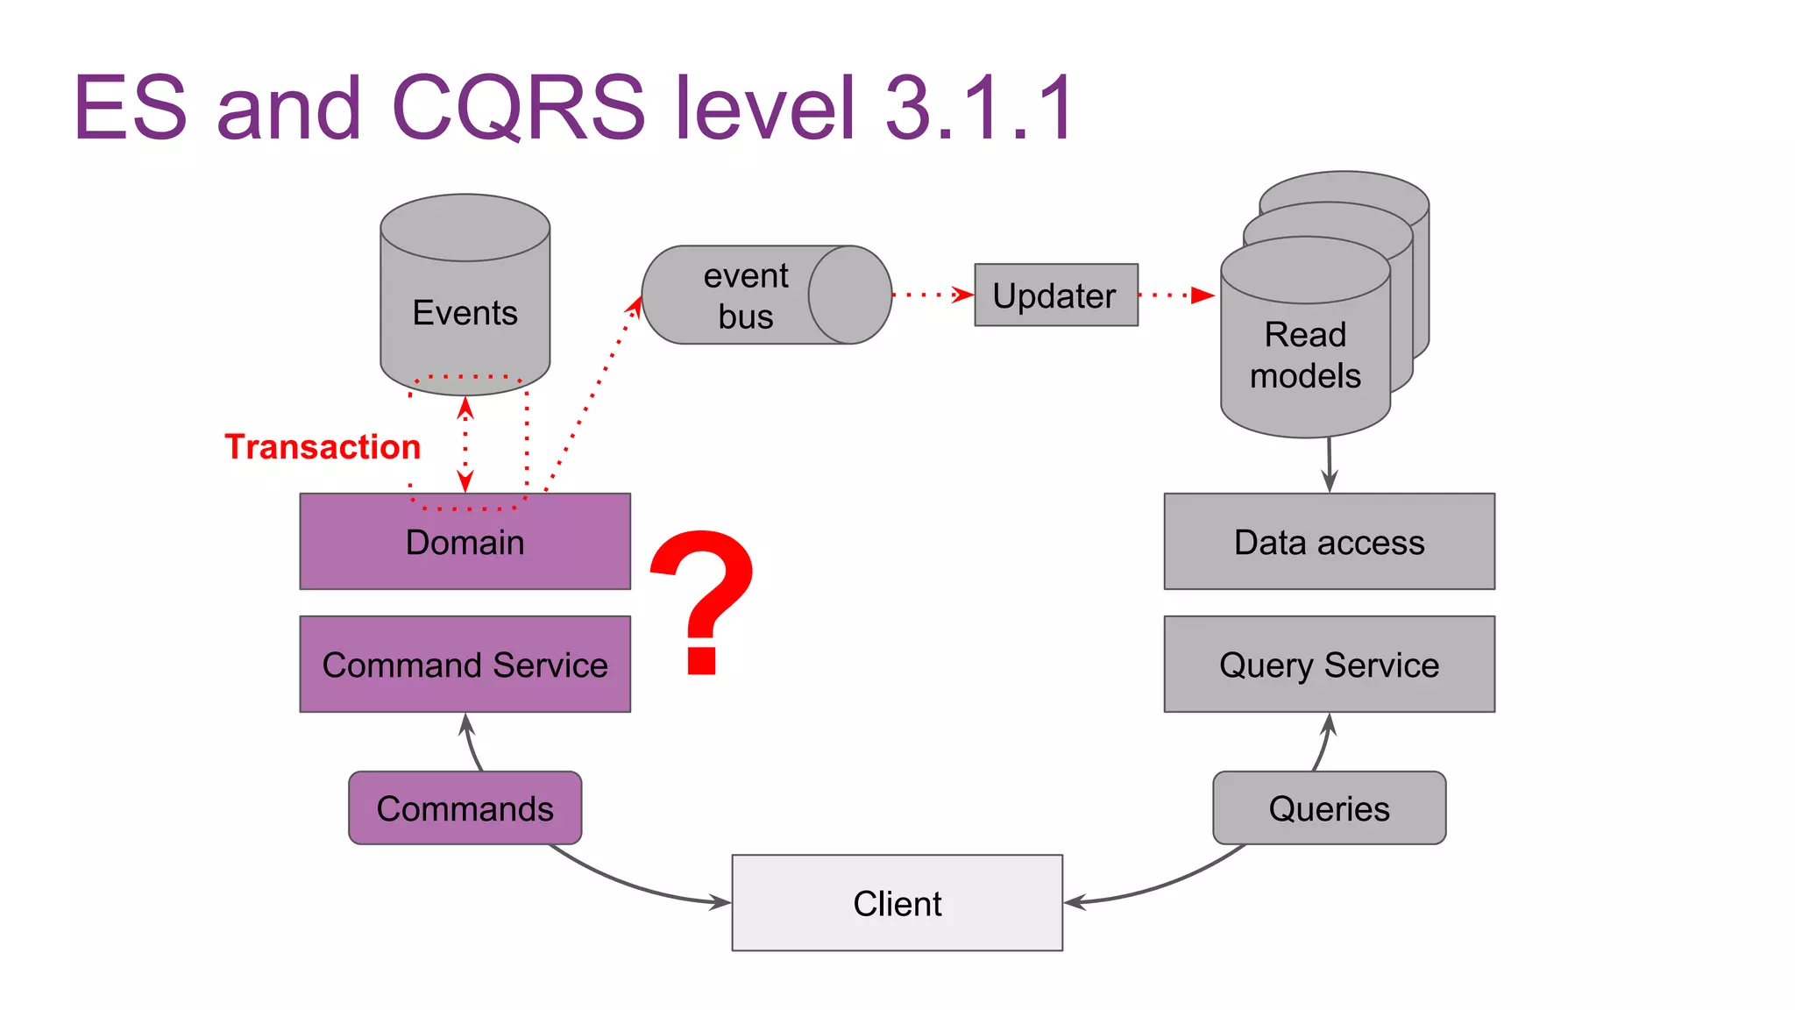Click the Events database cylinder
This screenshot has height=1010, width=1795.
coord(465,298)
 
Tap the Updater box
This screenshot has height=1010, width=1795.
coord(1055,295)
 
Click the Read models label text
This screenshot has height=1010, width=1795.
coord(1304,355)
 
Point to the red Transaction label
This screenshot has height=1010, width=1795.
coord(323,447)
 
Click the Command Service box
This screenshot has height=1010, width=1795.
coord(465,665)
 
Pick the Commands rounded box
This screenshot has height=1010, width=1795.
coord(465,808)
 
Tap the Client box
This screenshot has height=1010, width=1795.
coord(897,903)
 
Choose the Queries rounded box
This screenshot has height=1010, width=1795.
coord(1329,808)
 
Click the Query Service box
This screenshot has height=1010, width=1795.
coord(1329,665)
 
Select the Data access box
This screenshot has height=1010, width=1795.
coord(1329,542)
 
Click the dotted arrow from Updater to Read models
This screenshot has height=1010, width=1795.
coord(1174,295)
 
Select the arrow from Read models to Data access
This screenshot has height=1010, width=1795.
coord(1329,465)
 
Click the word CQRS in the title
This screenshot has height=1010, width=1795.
coord(518,108)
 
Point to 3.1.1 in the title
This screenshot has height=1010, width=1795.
coord(979,108)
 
